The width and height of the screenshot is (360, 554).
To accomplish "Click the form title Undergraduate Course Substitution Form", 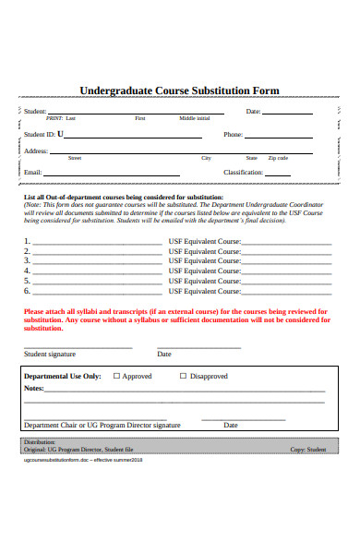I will tap(179, 90).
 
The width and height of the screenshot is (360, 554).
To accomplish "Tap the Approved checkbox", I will tap(116, 377).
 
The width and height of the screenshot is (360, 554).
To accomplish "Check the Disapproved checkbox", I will tap(183, 377).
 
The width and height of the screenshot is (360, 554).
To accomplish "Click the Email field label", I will tap(33, 173).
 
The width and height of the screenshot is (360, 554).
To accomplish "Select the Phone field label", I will tap(233, 134).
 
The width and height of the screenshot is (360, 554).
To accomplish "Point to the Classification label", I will tap(244, 173).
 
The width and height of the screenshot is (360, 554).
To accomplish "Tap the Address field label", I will tap(36, 151).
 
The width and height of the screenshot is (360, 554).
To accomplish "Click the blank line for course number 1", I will tap(97, 242).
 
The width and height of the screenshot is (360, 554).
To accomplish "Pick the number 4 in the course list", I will tap(27, 271).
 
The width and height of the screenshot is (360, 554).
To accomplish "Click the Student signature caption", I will tap(50, 354).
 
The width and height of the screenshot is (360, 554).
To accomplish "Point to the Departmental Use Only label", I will tap(62, 377).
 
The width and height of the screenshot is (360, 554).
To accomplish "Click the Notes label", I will tap(34, 390).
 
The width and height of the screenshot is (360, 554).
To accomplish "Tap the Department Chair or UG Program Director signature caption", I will tap(102, 426).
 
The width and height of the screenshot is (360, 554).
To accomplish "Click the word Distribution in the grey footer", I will tap(40, 442).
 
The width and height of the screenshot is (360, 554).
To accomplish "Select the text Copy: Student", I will tap(308, 450).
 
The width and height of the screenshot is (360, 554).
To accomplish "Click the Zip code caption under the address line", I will tap(278, 158).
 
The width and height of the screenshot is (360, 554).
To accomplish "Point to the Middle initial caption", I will tap(195, 119).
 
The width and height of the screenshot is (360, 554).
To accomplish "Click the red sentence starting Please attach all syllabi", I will tap(175, 319).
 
